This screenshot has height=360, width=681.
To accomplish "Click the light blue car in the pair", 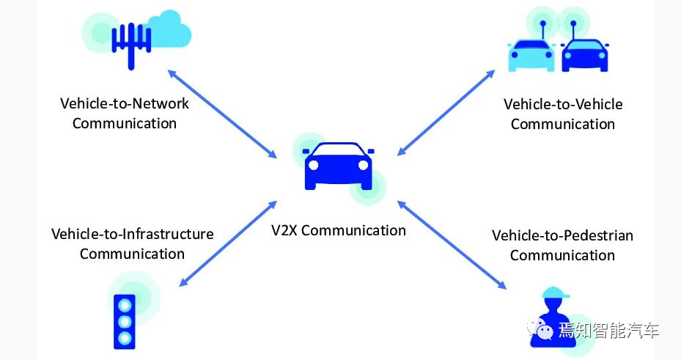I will [x=531, y=56].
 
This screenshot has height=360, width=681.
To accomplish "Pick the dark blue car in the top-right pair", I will [x=585, y=56].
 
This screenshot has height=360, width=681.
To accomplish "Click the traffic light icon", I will [x=124, y=320].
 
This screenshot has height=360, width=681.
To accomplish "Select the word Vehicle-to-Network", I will [x=124, y=103].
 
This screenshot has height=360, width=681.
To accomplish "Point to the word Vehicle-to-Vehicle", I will [x=562, y=104].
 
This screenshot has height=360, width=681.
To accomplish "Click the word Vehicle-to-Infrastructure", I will [x=132, y=234].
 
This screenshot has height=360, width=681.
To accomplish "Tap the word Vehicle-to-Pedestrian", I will [x=562, y=235].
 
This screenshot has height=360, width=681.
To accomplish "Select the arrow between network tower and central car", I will [x=222, y=114].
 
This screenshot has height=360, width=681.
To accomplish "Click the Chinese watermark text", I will [x=608, y=331].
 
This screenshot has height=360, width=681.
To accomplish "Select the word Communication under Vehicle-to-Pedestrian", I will [x=562, y=255].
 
